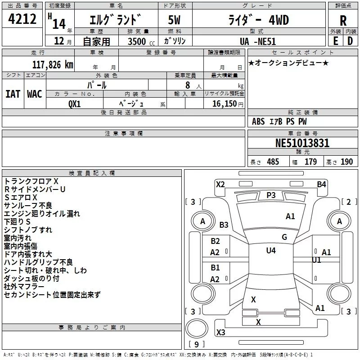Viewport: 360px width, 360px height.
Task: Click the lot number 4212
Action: coord(22,19)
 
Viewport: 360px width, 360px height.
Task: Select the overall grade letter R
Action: coord(343,21)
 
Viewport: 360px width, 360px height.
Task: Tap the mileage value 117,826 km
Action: coord(53,65)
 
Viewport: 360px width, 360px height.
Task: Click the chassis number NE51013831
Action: coord(302,143)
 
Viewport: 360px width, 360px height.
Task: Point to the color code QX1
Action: coord(74,104)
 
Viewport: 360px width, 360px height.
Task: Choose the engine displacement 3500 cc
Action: coord(141,41)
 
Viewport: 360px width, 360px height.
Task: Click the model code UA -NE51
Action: coord(257,41)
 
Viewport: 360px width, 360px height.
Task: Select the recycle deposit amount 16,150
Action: coord(225,104)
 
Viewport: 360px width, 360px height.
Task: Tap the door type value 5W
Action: coord(174,20)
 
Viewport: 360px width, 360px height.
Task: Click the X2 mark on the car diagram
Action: coord(220,184)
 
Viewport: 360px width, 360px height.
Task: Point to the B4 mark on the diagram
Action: coord(321,184)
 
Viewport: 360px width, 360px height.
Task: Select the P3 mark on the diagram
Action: coord(271,195)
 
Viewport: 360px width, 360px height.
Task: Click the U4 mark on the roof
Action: coord(271,251)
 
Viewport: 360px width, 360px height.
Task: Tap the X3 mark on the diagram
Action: coord(220,333)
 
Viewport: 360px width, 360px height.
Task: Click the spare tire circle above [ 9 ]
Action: coord(197,328)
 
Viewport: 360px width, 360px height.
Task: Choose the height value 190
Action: coord(346,162)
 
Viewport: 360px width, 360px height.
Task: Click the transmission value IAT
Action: coord(13,94)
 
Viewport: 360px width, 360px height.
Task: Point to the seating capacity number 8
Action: coord(188,85)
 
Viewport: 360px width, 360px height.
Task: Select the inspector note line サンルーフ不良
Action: coord(28,206)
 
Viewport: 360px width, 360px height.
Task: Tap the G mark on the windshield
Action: coord(284,237)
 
